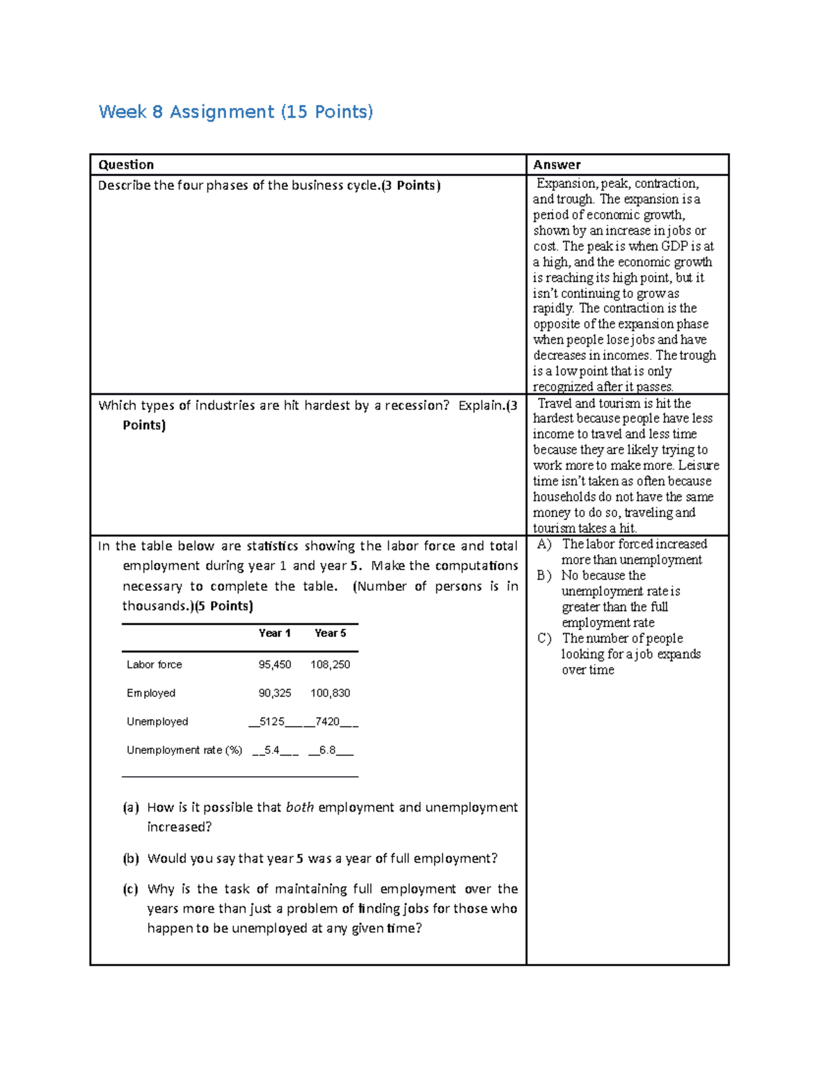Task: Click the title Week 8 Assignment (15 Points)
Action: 236,112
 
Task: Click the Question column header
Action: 126,165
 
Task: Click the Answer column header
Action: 557,165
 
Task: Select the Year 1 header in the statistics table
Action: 274,633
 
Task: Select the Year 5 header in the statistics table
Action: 330,633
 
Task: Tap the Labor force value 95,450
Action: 275,665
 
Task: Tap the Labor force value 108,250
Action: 330,665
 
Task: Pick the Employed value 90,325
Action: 275,693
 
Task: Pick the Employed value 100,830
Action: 330,693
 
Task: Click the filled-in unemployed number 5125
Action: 271,722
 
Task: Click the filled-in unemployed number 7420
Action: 327,722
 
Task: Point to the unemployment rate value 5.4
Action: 272,750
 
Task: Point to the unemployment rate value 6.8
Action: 327,750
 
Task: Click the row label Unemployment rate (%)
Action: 184,750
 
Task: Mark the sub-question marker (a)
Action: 131,807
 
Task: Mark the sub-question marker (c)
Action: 131,889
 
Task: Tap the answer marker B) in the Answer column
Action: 544,576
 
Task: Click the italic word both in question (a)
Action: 300,807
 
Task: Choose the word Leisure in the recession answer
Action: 699,466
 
